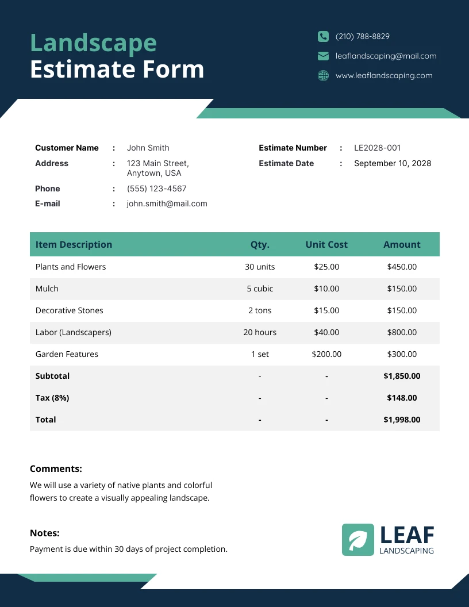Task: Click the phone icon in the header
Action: pos(323,36)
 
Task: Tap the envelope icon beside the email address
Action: pos(323,56)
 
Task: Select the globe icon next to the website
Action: pos(323,75)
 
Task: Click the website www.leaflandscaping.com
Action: pos(383,75)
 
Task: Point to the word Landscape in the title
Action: pos(93,43)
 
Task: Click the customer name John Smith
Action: pos(148,148)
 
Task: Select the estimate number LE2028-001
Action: pos(377,148)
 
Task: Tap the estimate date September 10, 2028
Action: pos(392,163)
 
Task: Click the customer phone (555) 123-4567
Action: pos(156,189)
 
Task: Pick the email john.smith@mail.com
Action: pos(167,203)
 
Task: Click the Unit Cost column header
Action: pos(326,244)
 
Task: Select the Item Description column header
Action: pos(74,244)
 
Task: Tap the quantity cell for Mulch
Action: pos(260,289)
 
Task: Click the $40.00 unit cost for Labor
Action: pos(326,332)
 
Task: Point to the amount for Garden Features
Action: pos(402,354)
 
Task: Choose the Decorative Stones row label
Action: pos(70,310)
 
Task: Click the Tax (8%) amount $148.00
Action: pos(402,398)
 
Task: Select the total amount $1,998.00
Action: pos(402,420)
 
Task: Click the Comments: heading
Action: pos(56,468)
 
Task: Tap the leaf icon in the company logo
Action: pos(357,540)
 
